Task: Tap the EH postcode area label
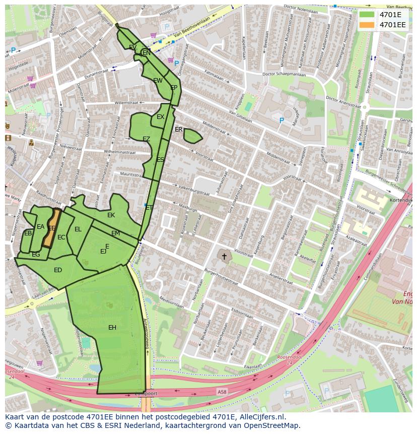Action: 112,328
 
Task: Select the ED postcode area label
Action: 58,270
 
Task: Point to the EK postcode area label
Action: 111,215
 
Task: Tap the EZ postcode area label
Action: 146,139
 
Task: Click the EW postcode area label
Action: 158,81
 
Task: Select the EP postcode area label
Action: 174,88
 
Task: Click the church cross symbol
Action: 224,257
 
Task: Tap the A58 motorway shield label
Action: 222,391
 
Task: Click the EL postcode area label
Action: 78,229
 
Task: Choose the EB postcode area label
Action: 28,233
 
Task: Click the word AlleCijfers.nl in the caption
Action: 261,417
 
